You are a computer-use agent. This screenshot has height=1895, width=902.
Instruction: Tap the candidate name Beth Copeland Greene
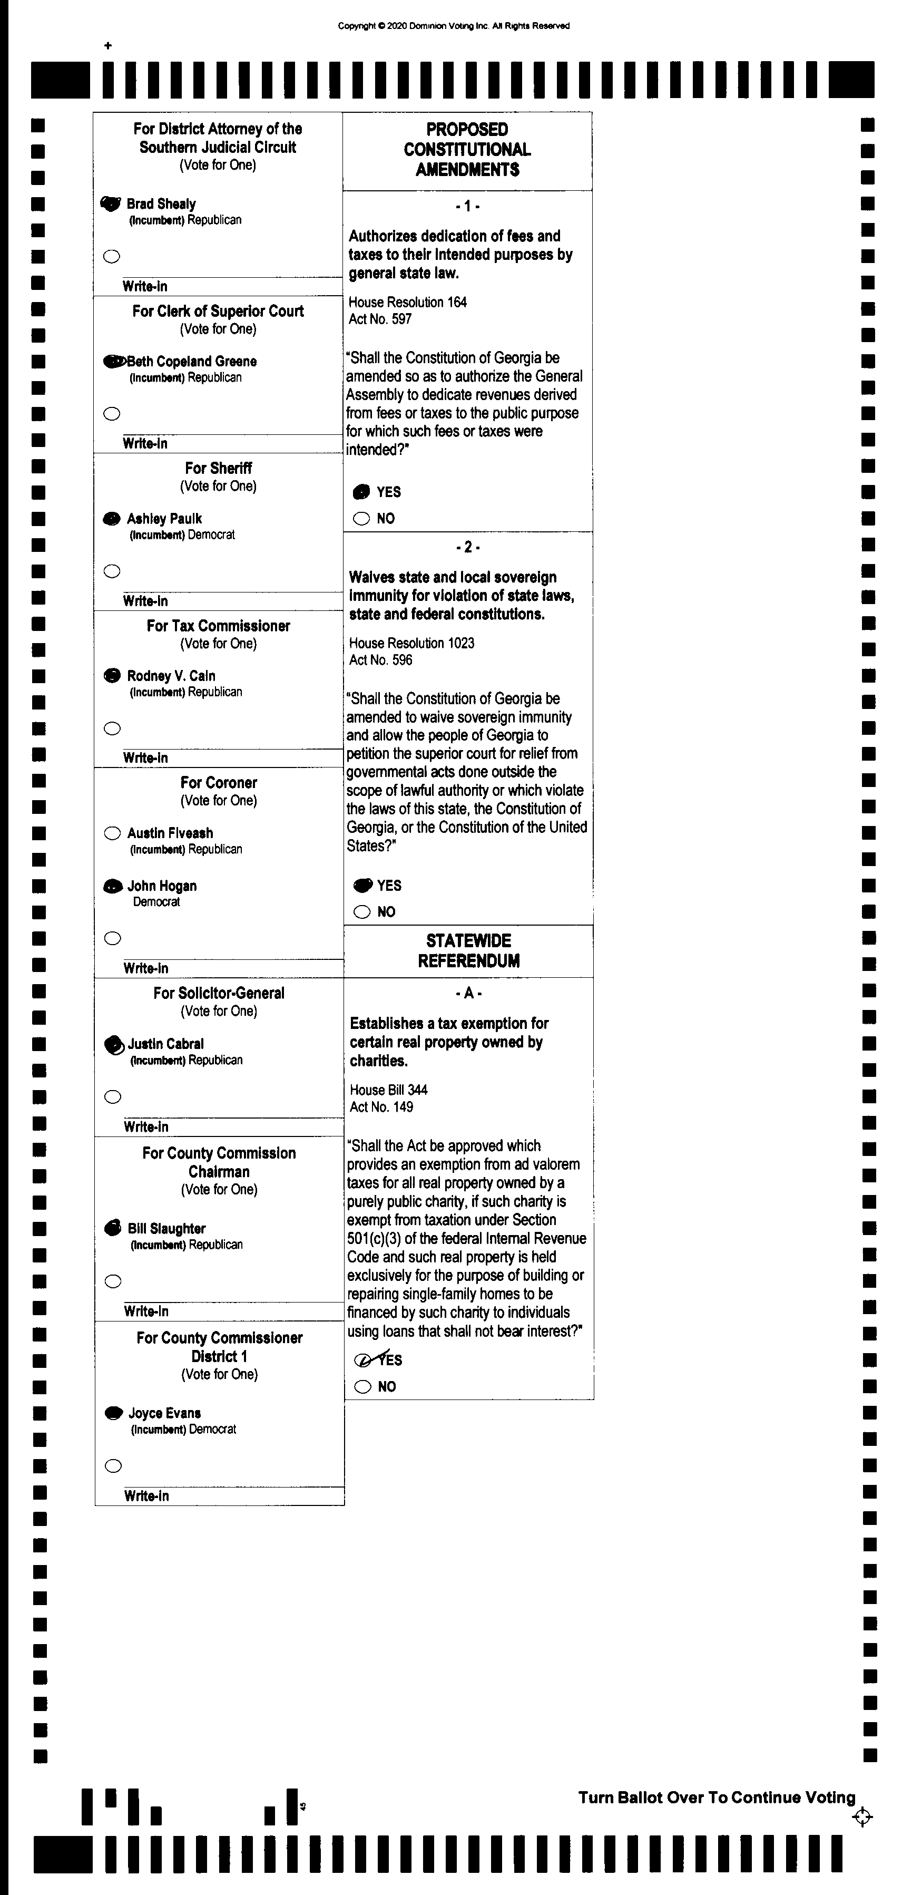coord(192,361)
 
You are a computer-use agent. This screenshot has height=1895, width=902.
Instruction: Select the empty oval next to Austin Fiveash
coord(112,833)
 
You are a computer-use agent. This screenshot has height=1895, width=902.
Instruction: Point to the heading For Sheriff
coord(218,468)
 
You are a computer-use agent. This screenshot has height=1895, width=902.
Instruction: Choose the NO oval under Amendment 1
coord(361,519)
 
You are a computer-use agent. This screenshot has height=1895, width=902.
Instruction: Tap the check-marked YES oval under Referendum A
coord(363,1359)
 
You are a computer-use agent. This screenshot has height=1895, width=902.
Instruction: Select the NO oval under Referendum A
coord(362,1387)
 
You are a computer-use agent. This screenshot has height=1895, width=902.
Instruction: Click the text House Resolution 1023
coord(411,643)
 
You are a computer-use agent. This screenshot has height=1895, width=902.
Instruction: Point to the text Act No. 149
coord(381,1107)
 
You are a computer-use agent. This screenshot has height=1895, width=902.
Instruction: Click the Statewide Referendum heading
coord(468,950)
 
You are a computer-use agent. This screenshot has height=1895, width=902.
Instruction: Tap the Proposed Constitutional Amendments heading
coord(467,149)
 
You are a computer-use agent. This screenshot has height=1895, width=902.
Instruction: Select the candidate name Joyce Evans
coord(165,1413)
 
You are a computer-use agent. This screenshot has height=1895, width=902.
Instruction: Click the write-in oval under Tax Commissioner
coord(112,728)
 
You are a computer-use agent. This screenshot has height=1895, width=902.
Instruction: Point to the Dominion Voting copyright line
coord(454,26)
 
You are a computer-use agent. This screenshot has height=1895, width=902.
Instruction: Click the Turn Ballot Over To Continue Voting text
coord(717,1797)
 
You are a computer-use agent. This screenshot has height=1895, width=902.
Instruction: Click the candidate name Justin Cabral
coord(165,1044)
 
